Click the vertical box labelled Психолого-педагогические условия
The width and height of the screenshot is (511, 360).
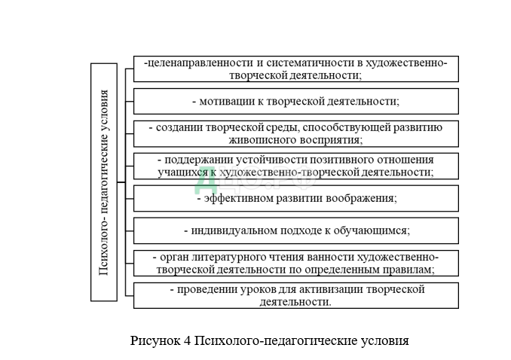tap(104, 182)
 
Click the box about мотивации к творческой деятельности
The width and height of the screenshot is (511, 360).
tap(295, 101)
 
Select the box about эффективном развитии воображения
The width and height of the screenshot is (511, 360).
tap(295, 198)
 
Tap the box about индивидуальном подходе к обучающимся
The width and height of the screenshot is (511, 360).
tap(295, 230)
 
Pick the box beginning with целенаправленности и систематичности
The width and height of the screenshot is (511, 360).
tap(295, 69)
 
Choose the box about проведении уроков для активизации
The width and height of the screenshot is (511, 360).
tap(295, 295)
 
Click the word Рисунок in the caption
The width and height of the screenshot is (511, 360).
tap(155, 340)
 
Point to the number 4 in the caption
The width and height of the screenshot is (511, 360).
tap(186, 340)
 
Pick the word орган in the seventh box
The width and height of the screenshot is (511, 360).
tap(175, 257)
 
